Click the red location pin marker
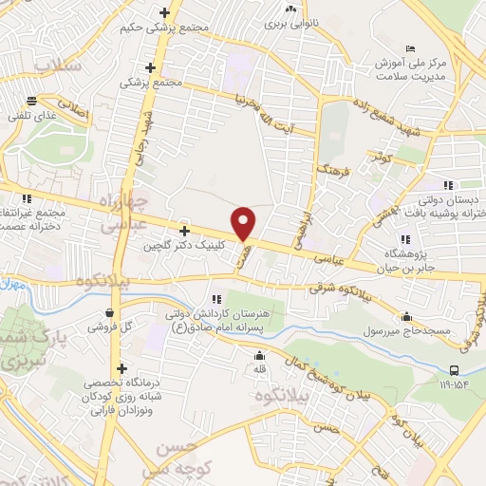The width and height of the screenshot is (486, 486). (x=244, y=223)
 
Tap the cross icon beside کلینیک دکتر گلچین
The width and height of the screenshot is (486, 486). (x=184, y=231)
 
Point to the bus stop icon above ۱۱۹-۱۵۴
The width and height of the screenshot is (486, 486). (x=455, y=370)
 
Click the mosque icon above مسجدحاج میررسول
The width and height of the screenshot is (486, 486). (x=407, y=317)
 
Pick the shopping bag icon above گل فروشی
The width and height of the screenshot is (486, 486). (x=111, y=311)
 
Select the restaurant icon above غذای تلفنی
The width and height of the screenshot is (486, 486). (x=32, y=101)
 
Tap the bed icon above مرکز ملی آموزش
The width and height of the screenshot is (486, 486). (x=410, y=48)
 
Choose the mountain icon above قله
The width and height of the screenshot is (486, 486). (x=259, y=356)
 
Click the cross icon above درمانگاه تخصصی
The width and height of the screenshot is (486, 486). (x=121, y=368)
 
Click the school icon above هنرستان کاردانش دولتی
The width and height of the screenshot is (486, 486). (x=216, y=300)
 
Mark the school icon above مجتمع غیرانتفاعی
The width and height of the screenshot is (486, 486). (x=27, y=198)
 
